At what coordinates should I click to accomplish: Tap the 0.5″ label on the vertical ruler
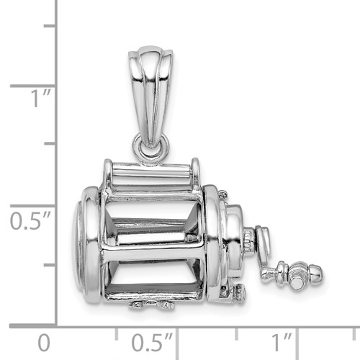(29, 220)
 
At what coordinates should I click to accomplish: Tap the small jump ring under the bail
(150, 148)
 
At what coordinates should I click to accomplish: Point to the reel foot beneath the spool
(153, 305)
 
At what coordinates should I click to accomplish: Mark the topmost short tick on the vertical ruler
(50, 25)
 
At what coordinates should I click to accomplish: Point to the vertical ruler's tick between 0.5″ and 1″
(50, 145)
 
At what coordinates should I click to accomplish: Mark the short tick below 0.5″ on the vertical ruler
(50, 265)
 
